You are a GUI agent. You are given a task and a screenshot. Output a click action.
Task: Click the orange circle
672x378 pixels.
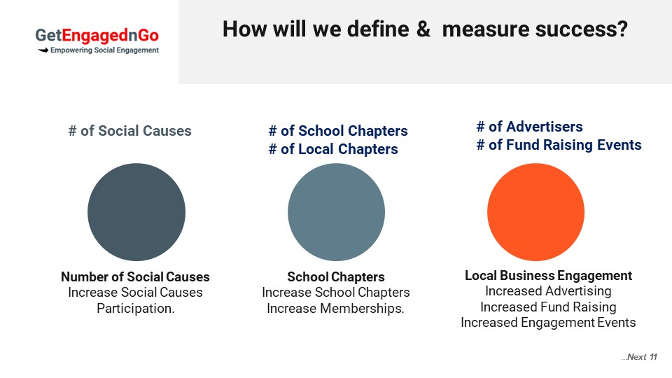pyautogui.click(x=535, y=211)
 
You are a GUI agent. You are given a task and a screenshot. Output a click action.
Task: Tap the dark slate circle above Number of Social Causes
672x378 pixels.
pyautogui.click(x=136, y=211)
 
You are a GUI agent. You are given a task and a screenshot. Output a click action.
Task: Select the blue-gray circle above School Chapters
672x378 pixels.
pyautogui.click(x=336, y=211)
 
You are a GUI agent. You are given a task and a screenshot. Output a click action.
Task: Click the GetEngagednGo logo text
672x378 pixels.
pyautogui.click(x=97, y=35)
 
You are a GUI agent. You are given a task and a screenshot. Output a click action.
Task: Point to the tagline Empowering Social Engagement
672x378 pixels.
pyautogui.click(x=104, y=50)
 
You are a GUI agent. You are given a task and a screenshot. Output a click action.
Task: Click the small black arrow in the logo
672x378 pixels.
pyautogui.click(x=43, y=50)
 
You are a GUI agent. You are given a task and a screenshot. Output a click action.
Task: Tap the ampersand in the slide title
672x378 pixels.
pyautogui.click(x=423, y=29)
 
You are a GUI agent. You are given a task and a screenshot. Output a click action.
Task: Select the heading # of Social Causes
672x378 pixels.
pyautogui.click(x=130, y=131)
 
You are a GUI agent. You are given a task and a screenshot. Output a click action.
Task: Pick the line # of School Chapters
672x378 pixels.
pyautogui.click(x=338, y=131)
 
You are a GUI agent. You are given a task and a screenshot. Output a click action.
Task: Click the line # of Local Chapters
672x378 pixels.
pyautogui.click(x=333, y=149)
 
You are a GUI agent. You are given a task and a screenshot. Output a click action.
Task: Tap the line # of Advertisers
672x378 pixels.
pyautogui.click(x=530, y=127)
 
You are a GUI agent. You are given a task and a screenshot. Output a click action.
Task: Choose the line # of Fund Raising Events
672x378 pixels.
pyautogui.click(x=559, y=145)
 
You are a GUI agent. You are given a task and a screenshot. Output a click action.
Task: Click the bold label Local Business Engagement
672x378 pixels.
pyautogui.click(x=549, y=275)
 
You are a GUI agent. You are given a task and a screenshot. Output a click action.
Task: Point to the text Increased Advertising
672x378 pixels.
pyautogui.click(x=548, y=291)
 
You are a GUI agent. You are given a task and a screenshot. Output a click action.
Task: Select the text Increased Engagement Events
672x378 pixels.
pyautogui.click(x=548, y=322)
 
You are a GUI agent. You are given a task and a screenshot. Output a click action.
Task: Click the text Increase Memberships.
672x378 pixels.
pyautogui.click(x=335, y=308)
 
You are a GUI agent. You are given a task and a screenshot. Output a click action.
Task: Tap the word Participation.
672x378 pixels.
pyautogui.click(x=135, y=308)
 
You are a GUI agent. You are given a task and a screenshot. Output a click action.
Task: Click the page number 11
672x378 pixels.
pyautogui.click(x=653, y=357)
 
